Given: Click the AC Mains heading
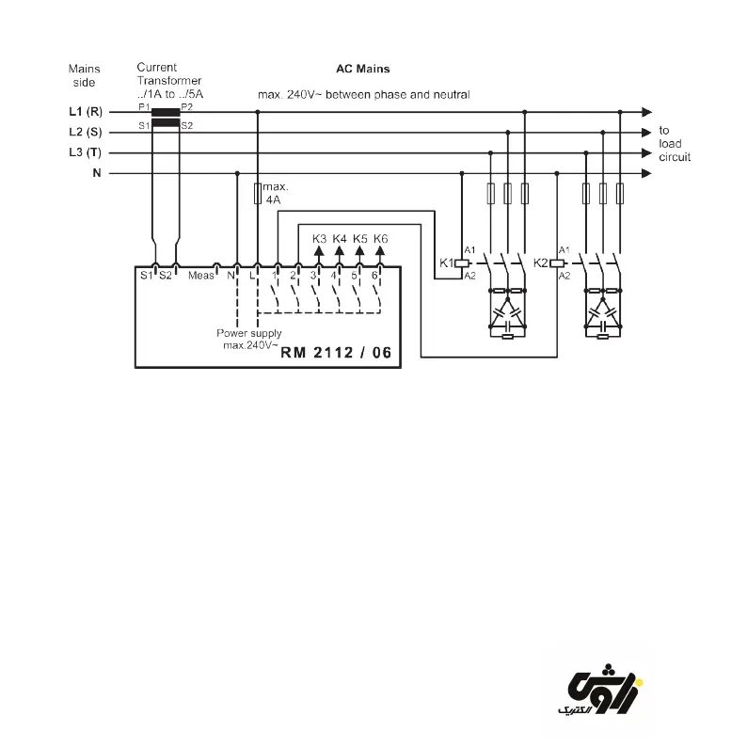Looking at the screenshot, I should click(x=362, y=70).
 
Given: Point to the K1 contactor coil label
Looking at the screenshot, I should click(x=447, y=262).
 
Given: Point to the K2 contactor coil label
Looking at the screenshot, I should click(x=540, y=262).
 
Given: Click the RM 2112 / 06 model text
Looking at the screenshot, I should click(x=335, y=353).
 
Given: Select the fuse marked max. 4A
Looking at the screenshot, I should click(x=258, y=195).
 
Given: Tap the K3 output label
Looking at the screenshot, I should click(x=319, y=238).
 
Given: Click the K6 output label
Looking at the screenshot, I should click(x=380, y=238).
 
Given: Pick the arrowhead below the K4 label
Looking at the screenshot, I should click(x=340, y=251).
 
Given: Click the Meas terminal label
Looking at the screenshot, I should click(x=201, y=276).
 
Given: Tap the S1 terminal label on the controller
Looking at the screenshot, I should click(x=146, y=276).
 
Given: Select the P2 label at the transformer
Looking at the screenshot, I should click(x=186, y=106).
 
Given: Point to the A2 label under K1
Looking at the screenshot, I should click(x=469, y=276).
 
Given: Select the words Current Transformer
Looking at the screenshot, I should click(x=169, y=74).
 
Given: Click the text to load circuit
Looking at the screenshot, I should click(x=674, y=144).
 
